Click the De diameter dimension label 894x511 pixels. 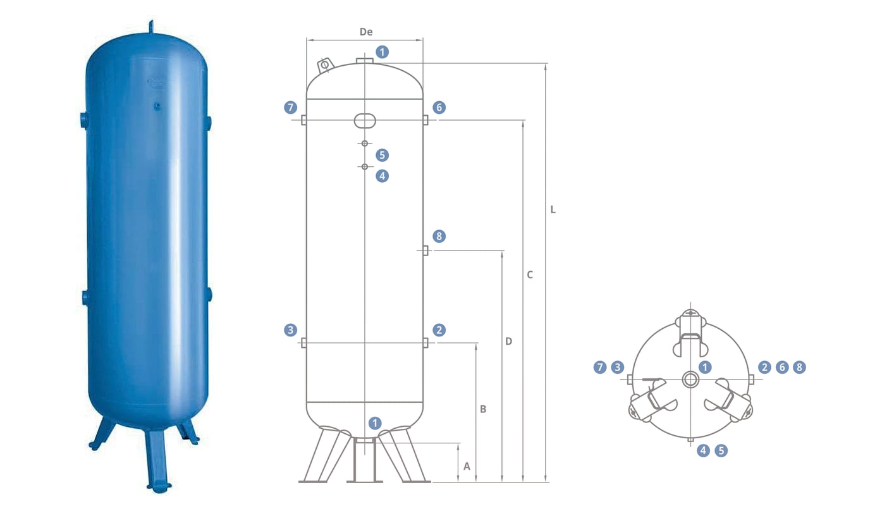(x=366, y=32)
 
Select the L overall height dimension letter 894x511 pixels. (x=553, y=209)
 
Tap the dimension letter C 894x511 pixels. (x=530, y=274)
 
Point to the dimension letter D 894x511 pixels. (x=508, y=342)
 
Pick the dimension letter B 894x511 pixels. (x=483, y=409)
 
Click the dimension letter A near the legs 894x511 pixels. (x=467, y=466)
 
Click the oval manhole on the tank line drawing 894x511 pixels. (x=365, y=120)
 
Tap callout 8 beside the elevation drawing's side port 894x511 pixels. (x=439, y=237)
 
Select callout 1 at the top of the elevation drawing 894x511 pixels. (x=382, y=52)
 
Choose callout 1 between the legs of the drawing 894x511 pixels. (x=375, y=423)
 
